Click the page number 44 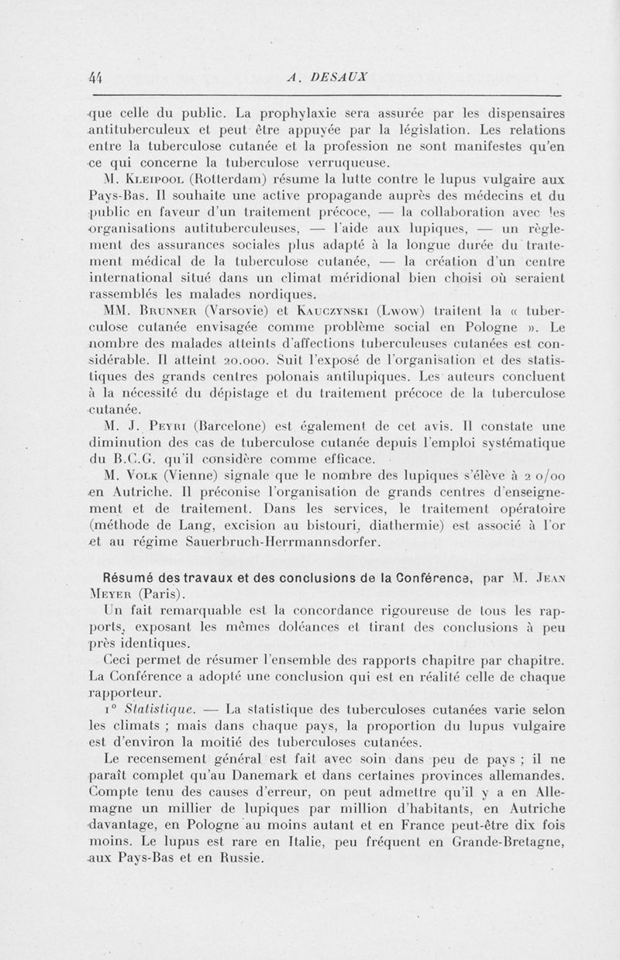[x=96, y=76]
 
